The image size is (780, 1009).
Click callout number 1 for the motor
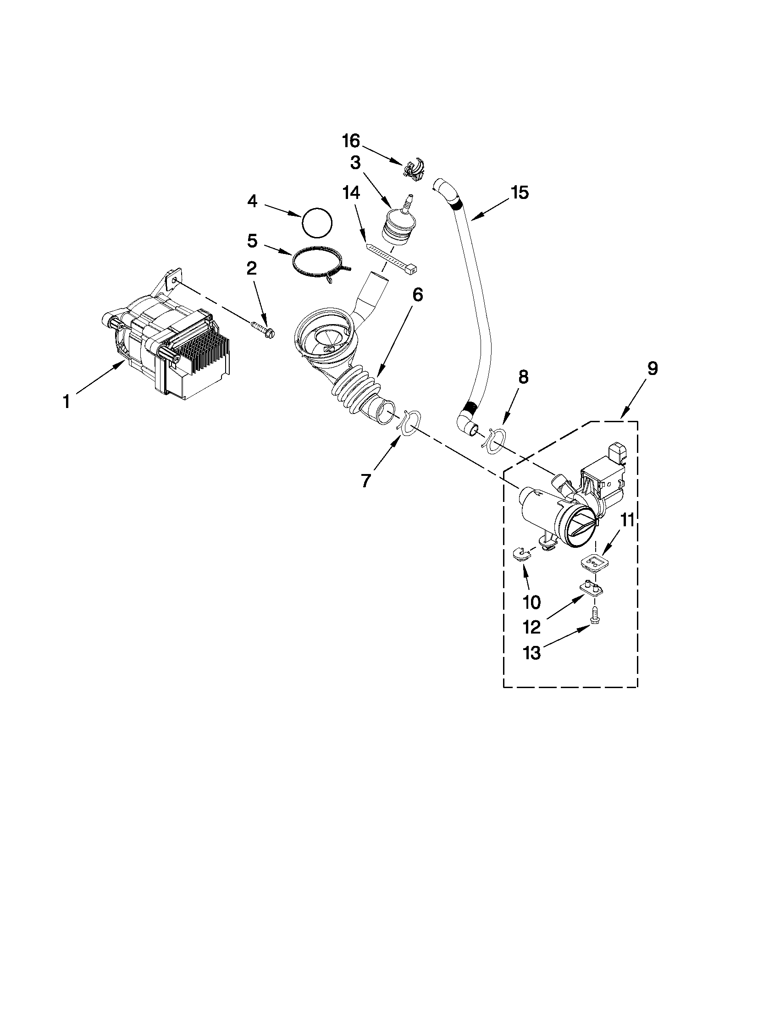coord(66,402)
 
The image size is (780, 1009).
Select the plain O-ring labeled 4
coord(317,223)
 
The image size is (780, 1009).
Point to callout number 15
coord(520,193)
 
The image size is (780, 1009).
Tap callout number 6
coord(417,295)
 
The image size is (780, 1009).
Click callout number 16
coord(351,140)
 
